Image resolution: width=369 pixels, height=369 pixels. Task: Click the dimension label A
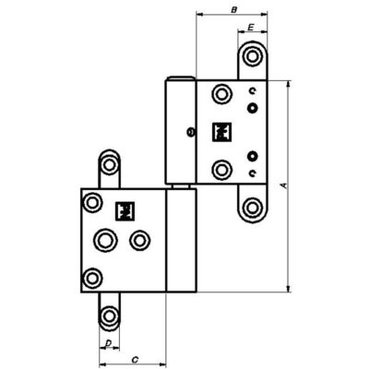[x=284, y=185]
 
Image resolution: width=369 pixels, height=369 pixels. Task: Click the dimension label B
[x=233, y=10]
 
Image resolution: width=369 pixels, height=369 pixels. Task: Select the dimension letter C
[x=135, y=360]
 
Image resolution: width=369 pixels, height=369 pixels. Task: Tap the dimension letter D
[x=108, y=343]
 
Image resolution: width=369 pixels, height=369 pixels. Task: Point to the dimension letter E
[x=251, y=28]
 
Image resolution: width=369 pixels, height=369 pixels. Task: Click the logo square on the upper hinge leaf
[x=221, y=132]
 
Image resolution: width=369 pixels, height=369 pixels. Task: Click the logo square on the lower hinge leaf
[x=125, y=211]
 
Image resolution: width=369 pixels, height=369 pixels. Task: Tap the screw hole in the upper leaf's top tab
[x=252, y=56]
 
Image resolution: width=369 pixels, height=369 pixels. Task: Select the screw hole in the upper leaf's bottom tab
[x=252, y=208]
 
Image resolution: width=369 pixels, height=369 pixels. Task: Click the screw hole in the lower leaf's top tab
[x=109, y=165]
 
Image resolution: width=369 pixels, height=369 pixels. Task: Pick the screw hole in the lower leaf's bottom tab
[x=109, y=315]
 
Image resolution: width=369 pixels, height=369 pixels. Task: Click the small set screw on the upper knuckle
[x=191, y=132]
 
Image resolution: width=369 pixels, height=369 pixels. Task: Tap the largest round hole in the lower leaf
[x=106, y=240]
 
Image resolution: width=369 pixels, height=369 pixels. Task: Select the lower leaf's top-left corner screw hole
[x=92, y=203]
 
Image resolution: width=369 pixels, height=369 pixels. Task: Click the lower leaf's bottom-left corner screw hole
[x=92, y=279]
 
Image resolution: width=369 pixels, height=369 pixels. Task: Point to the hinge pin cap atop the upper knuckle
[x=181, y=78]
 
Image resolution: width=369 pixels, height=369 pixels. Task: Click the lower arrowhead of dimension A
[x=288, y=288]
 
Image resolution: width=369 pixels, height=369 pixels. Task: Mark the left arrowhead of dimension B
[x=200, y=14]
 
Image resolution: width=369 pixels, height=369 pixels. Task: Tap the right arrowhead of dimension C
[x=162, y=364]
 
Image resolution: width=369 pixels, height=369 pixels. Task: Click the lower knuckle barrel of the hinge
[x=181, y=241]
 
